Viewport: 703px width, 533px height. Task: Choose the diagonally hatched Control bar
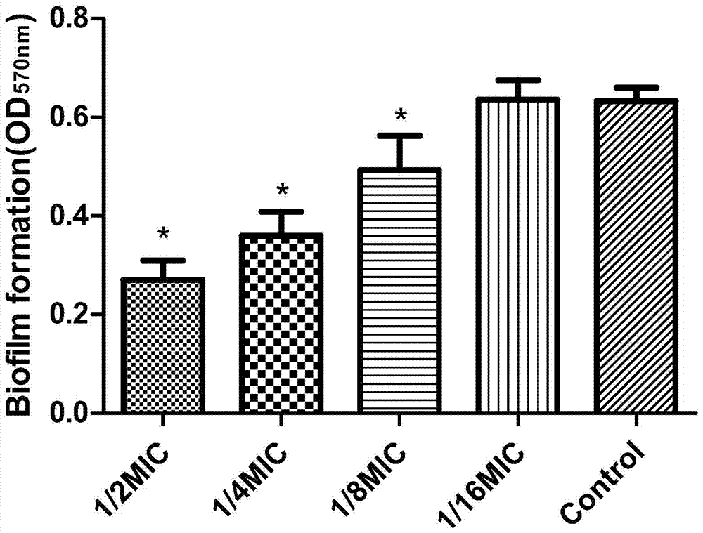(x=636, y=256)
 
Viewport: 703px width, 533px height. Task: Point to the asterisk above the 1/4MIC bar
(x=282, y=190)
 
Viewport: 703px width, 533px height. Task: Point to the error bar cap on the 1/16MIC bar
(x=517, y=80)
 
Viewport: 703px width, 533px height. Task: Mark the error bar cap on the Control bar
(x=636, y=88)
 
